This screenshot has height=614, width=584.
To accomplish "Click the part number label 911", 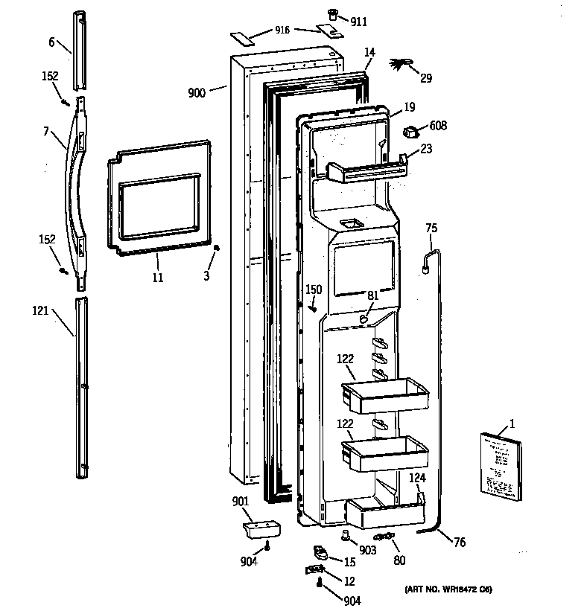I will click(x=359, y=22).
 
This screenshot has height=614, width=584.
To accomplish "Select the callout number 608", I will click(x=438, y=126).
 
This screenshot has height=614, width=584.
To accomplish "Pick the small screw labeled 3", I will click(x=215, y=249).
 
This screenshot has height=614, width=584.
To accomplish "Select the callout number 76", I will click(x=459, y=543).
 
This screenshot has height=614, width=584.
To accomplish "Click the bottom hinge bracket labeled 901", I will click(x=261, y=531).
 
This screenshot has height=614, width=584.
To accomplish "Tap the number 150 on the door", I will click(x=314, y=290).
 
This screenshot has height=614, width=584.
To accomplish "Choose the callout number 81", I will click(x=372, y=295).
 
